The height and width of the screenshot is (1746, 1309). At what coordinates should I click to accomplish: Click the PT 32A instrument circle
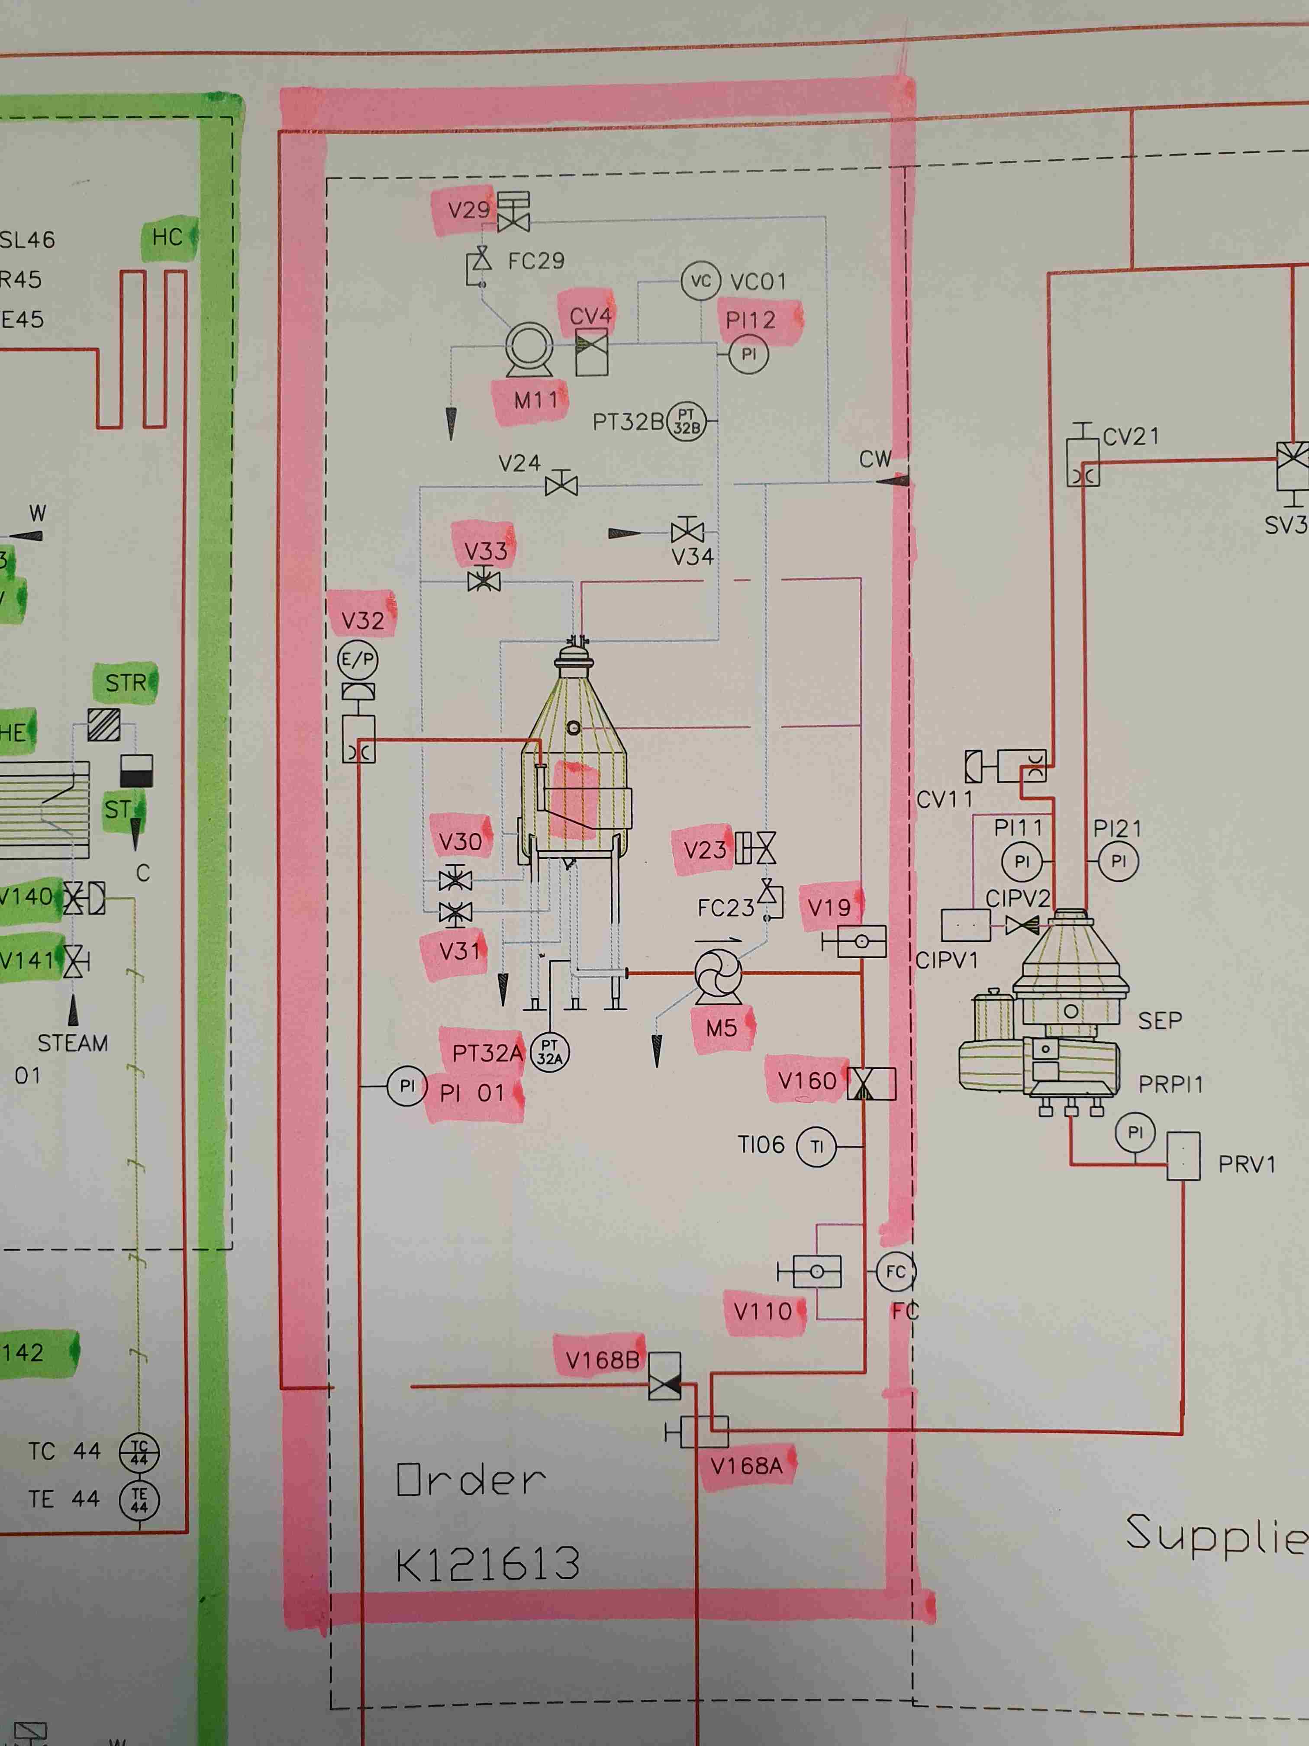click(x=550, y=1053)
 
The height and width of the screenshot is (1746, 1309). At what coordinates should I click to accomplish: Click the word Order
click(x=471, y=1480)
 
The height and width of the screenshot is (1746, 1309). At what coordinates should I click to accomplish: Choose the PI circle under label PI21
click(x=1118, y=861)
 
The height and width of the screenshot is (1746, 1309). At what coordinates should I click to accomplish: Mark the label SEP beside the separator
click(x=1160, y=1021)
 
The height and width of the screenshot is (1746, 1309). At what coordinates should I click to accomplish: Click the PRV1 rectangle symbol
click(x=1183, y=1156)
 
